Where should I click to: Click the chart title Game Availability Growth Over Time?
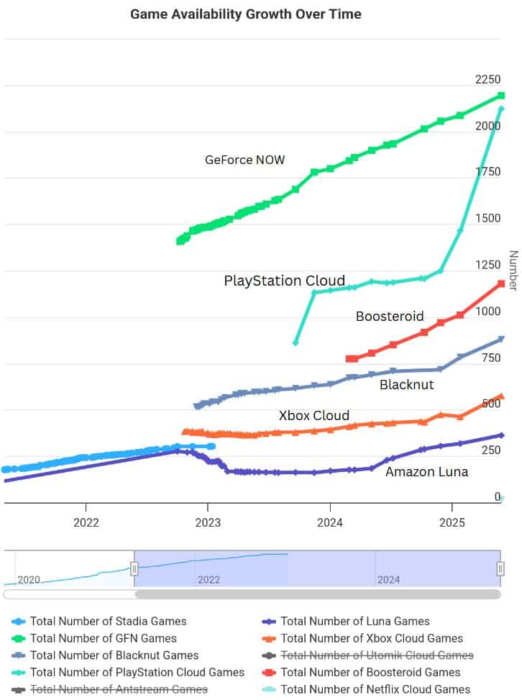pyautogui.click(x=246, y=14)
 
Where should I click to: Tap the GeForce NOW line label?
pyautogui.click(x=244, y=160)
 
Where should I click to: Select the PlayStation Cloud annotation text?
pyautogui.click(x=285, y=281)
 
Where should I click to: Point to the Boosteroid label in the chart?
pyautogui.click(x=390, y=316)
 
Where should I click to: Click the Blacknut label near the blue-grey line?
pyautogui.click(x=407, y=385)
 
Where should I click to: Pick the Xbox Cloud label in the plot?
pyautogui.click(x=314, y=415)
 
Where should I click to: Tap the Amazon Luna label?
pyautogui.click(x=426, y=472)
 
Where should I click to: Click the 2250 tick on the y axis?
pyautogui.click(x=487, y=79)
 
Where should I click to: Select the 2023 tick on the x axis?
pyautogui.click(x=208, y=522)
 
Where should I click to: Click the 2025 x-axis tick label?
pyautogui.click(x=452, y=522)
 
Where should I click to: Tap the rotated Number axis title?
pyautogui.click(x=513, y=271)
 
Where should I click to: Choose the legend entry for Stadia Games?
pyautogui.click(x=108, y=622)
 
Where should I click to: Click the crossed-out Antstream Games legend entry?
pyautogui.click(x=119, y=689)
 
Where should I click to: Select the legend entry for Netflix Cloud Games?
pyautogui.click(x=375, y=689)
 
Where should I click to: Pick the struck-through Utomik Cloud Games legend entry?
pyautogui.click(x=377, y=655)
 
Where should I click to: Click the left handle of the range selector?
pyautogui.click(x=134, y=569)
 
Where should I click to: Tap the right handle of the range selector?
pyautogui.click(x=500, y=569)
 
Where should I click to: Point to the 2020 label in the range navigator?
pyautogui.click(x=29, y=579)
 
